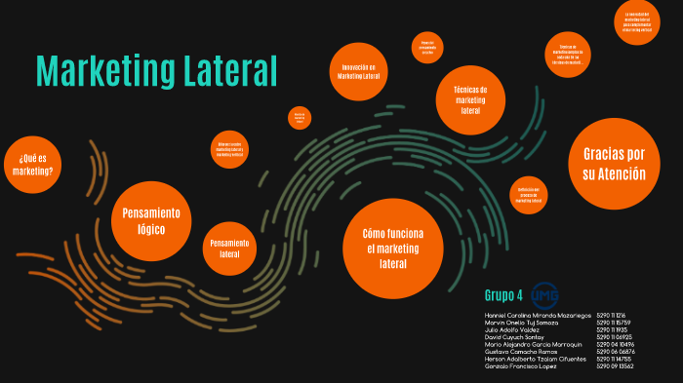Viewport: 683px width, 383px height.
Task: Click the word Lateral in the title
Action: pos(227,71)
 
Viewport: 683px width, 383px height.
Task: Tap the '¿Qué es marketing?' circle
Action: pos(34,164)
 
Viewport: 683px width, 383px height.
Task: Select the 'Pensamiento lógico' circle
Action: pos(151,221)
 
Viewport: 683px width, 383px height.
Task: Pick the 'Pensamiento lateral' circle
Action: pos(229,248)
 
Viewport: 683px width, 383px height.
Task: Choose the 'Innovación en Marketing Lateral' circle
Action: pos(358,71)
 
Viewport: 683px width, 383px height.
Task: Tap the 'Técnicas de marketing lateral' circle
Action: pos(470,99)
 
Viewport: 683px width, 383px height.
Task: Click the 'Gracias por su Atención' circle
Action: pos(614,163)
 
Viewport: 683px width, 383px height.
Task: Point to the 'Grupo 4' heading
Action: pos(503,294)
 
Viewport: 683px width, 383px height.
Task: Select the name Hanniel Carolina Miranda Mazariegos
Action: pos(538,316)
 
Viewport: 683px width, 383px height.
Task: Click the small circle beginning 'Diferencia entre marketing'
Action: pos(231,149)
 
